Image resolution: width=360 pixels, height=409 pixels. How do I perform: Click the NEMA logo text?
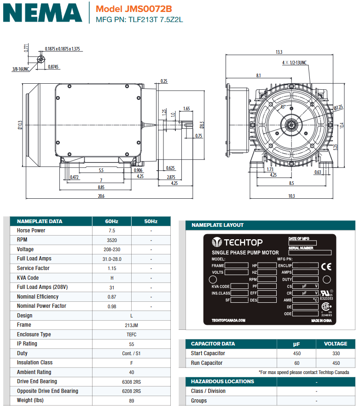point(42,12)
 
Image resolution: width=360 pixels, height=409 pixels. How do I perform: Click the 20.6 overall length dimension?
point(101,196)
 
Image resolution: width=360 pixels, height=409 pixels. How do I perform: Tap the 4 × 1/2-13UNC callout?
point(295,62)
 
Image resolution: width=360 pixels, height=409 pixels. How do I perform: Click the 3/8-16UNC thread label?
point(20,69)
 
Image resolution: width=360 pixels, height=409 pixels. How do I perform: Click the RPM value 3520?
point(111,240)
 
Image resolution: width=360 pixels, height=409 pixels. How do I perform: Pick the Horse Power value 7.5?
point(111,230)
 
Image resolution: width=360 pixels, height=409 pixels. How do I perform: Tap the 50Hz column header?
point(151,221)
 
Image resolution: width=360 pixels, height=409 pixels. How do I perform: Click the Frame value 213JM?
point(131,325)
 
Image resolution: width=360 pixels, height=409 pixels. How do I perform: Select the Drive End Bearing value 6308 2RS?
point(131,381)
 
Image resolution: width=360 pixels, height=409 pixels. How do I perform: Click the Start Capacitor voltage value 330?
point(336,353)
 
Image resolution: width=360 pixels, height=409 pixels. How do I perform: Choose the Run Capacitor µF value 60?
point(296,363)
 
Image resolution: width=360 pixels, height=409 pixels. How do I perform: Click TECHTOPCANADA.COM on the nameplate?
point(228,320)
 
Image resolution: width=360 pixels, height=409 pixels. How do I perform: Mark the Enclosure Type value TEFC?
point(131,334)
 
